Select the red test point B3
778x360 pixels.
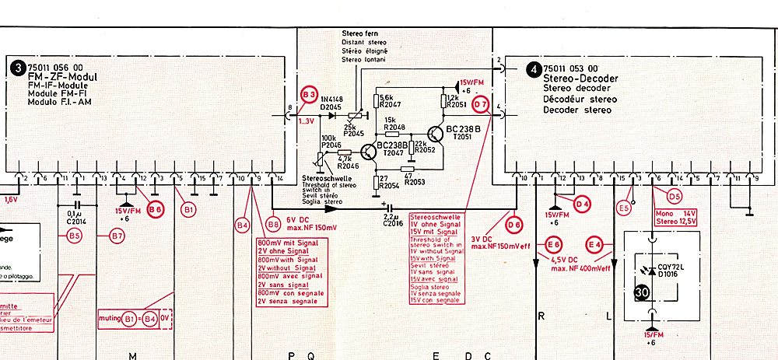(310, 94)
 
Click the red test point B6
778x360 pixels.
(155, 208)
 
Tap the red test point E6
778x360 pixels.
(553, 244)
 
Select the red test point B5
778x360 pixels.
(75, 235)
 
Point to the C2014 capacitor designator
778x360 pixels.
(75, 220)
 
